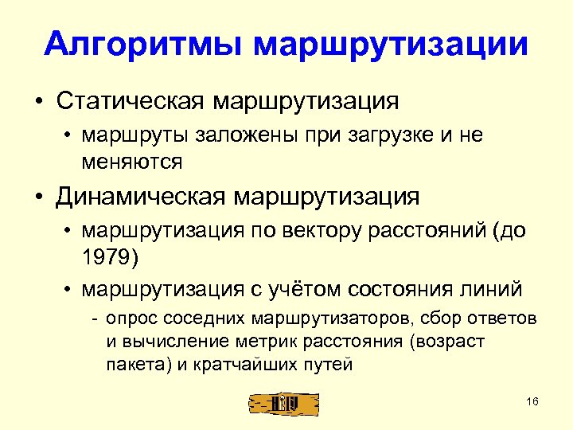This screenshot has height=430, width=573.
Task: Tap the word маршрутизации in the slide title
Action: (390, 44)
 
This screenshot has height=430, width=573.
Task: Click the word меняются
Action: (131, 162)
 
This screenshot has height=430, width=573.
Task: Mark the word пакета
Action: (130, 365)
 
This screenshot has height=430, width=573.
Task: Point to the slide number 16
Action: (532, 401)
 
